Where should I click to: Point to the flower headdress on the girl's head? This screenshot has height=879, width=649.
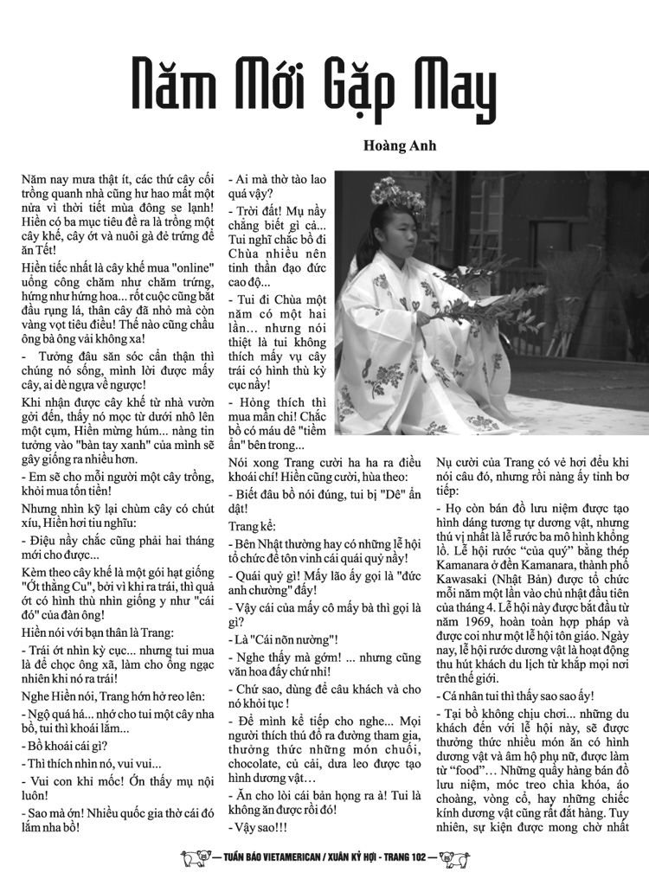click(395, 192)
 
